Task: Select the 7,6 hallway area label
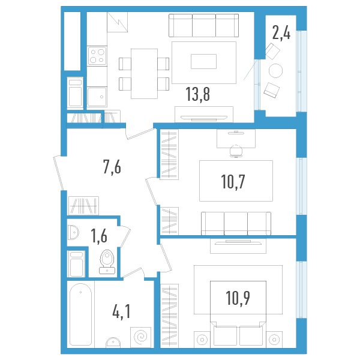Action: click(112, 167)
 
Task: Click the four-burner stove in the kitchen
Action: click(97, 56)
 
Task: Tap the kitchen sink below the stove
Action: click(97, 96)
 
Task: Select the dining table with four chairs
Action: click(144, 73)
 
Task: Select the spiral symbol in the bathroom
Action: click(142, 336)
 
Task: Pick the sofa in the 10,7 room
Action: click(235, 223)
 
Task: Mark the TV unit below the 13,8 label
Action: click(203, 113)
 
